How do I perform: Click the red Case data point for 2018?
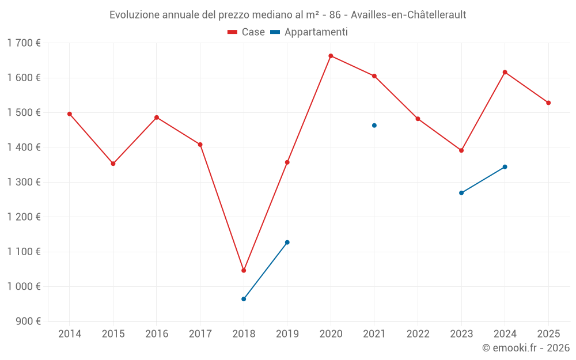point(244,270)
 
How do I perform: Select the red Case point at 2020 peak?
point(331,56)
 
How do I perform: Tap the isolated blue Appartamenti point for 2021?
point(374,126)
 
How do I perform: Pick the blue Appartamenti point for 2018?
point(244,299)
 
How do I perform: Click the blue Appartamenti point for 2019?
point(287,242)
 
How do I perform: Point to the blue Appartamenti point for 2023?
point(461,193)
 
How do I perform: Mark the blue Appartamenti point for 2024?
point(505,167)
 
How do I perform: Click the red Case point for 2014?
point(70,114)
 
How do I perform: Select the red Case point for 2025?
point(548,103)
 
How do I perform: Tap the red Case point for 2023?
point(461,150)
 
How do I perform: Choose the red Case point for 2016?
point(157,118)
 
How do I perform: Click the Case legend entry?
point(247,32)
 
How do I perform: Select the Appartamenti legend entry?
point(309,32)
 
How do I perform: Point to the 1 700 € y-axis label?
point(24,43)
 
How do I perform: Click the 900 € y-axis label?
point(28,321)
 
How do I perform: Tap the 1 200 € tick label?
point(24,217)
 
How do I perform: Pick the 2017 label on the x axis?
point(200,334)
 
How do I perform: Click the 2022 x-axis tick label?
point(418,334)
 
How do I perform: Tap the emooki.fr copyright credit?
point(526,348)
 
